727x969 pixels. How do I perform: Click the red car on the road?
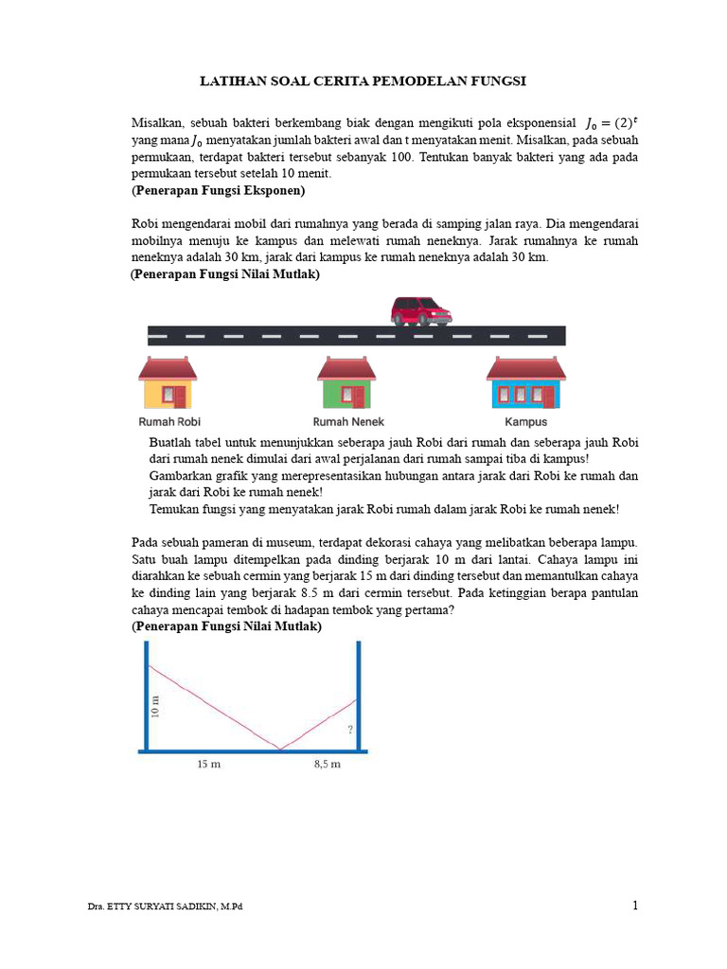[421, 310]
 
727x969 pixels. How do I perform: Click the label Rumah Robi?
[169, 422]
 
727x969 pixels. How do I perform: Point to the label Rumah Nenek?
[348, 422]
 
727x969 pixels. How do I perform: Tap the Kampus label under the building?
[525, 422]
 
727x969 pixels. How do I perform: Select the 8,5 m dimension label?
[327, 765]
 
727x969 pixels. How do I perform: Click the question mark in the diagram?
[349, 730]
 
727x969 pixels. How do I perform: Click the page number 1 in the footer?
[635, 906]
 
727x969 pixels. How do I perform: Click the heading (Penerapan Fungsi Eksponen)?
[218, 190]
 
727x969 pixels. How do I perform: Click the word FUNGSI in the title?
[499, 82]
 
